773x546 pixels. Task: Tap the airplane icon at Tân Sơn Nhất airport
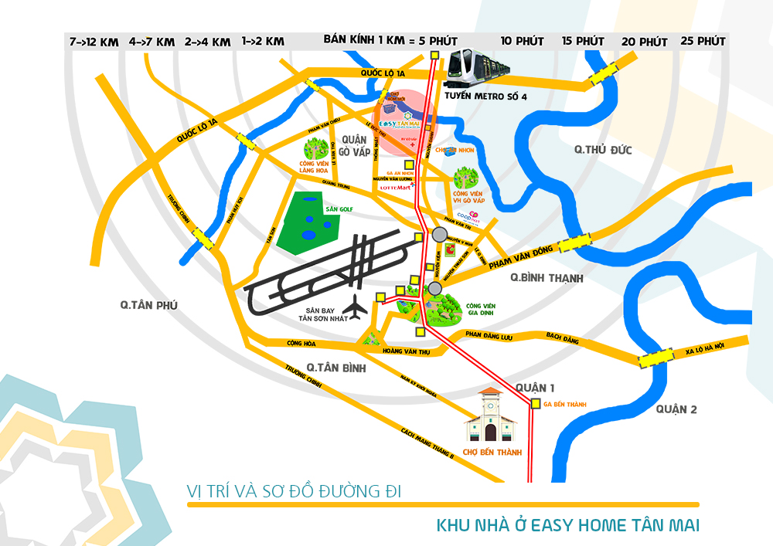356,307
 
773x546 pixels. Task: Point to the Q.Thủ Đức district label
598,150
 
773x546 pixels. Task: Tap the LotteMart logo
396,187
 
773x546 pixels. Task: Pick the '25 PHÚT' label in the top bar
703,41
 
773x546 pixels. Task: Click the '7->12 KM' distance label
94,42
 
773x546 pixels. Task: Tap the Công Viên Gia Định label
481,310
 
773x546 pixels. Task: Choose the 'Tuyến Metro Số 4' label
485,97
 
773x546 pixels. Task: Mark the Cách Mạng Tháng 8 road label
427,444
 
